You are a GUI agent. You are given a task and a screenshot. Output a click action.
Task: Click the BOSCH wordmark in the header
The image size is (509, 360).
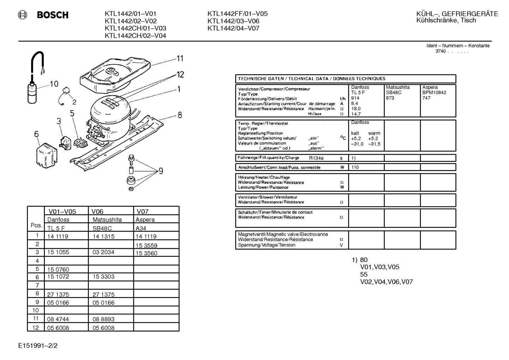[x=53, y=15]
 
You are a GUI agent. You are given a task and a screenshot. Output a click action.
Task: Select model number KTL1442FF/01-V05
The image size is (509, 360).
[x=238, y=14]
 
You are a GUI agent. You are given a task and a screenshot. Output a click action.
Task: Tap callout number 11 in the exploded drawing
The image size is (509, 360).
[x=180, y=59]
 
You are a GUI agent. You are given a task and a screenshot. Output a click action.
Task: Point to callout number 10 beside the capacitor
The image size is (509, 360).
[x=54, y=84]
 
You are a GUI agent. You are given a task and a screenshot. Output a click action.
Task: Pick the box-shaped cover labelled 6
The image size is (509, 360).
[x=47, y=155]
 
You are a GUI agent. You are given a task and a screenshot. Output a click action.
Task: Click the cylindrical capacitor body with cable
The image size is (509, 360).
[x=32, y=93]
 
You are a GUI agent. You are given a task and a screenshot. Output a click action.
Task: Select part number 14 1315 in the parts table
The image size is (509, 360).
[x=103, y=236]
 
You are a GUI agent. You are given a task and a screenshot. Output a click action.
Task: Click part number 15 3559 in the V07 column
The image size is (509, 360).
[x=146, y=246]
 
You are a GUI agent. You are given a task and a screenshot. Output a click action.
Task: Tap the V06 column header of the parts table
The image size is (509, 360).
[x=97, y=212]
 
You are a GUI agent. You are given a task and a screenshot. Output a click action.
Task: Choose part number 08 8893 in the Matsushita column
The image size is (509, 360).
[x=103, y=319]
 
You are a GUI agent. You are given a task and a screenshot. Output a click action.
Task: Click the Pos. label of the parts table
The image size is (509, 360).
[x=36, y=225]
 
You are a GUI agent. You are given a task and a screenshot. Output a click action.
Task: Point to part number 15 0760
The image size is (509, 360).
[x=58, y=270]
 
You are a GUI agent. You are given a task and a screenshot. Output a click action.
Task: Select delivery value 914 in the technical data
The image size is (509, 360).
[x=355, y=98]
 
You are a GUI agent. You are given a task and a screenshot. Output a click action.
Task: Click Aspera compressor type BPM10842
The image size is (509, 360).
[x=434, y=93]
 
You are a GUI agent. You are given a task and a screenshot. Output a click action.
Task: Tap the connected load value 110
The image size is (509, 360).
[x=355, y=167]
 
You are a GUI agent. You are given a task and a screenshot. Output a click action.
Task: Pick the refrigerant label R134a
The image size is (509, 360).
[x=316, y=158]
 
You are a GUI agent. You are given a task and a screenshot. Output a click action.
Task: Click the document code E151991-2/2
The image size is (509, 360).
[x=38, y=346]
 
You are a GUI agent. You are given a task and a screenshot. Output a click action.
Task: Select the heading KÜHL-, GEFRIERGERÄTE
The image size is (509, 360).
[x=457, y=14]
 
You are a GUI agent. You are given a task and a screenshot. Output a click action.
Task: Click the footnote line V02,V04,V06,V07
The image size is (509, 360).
[x=387, y=282]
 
